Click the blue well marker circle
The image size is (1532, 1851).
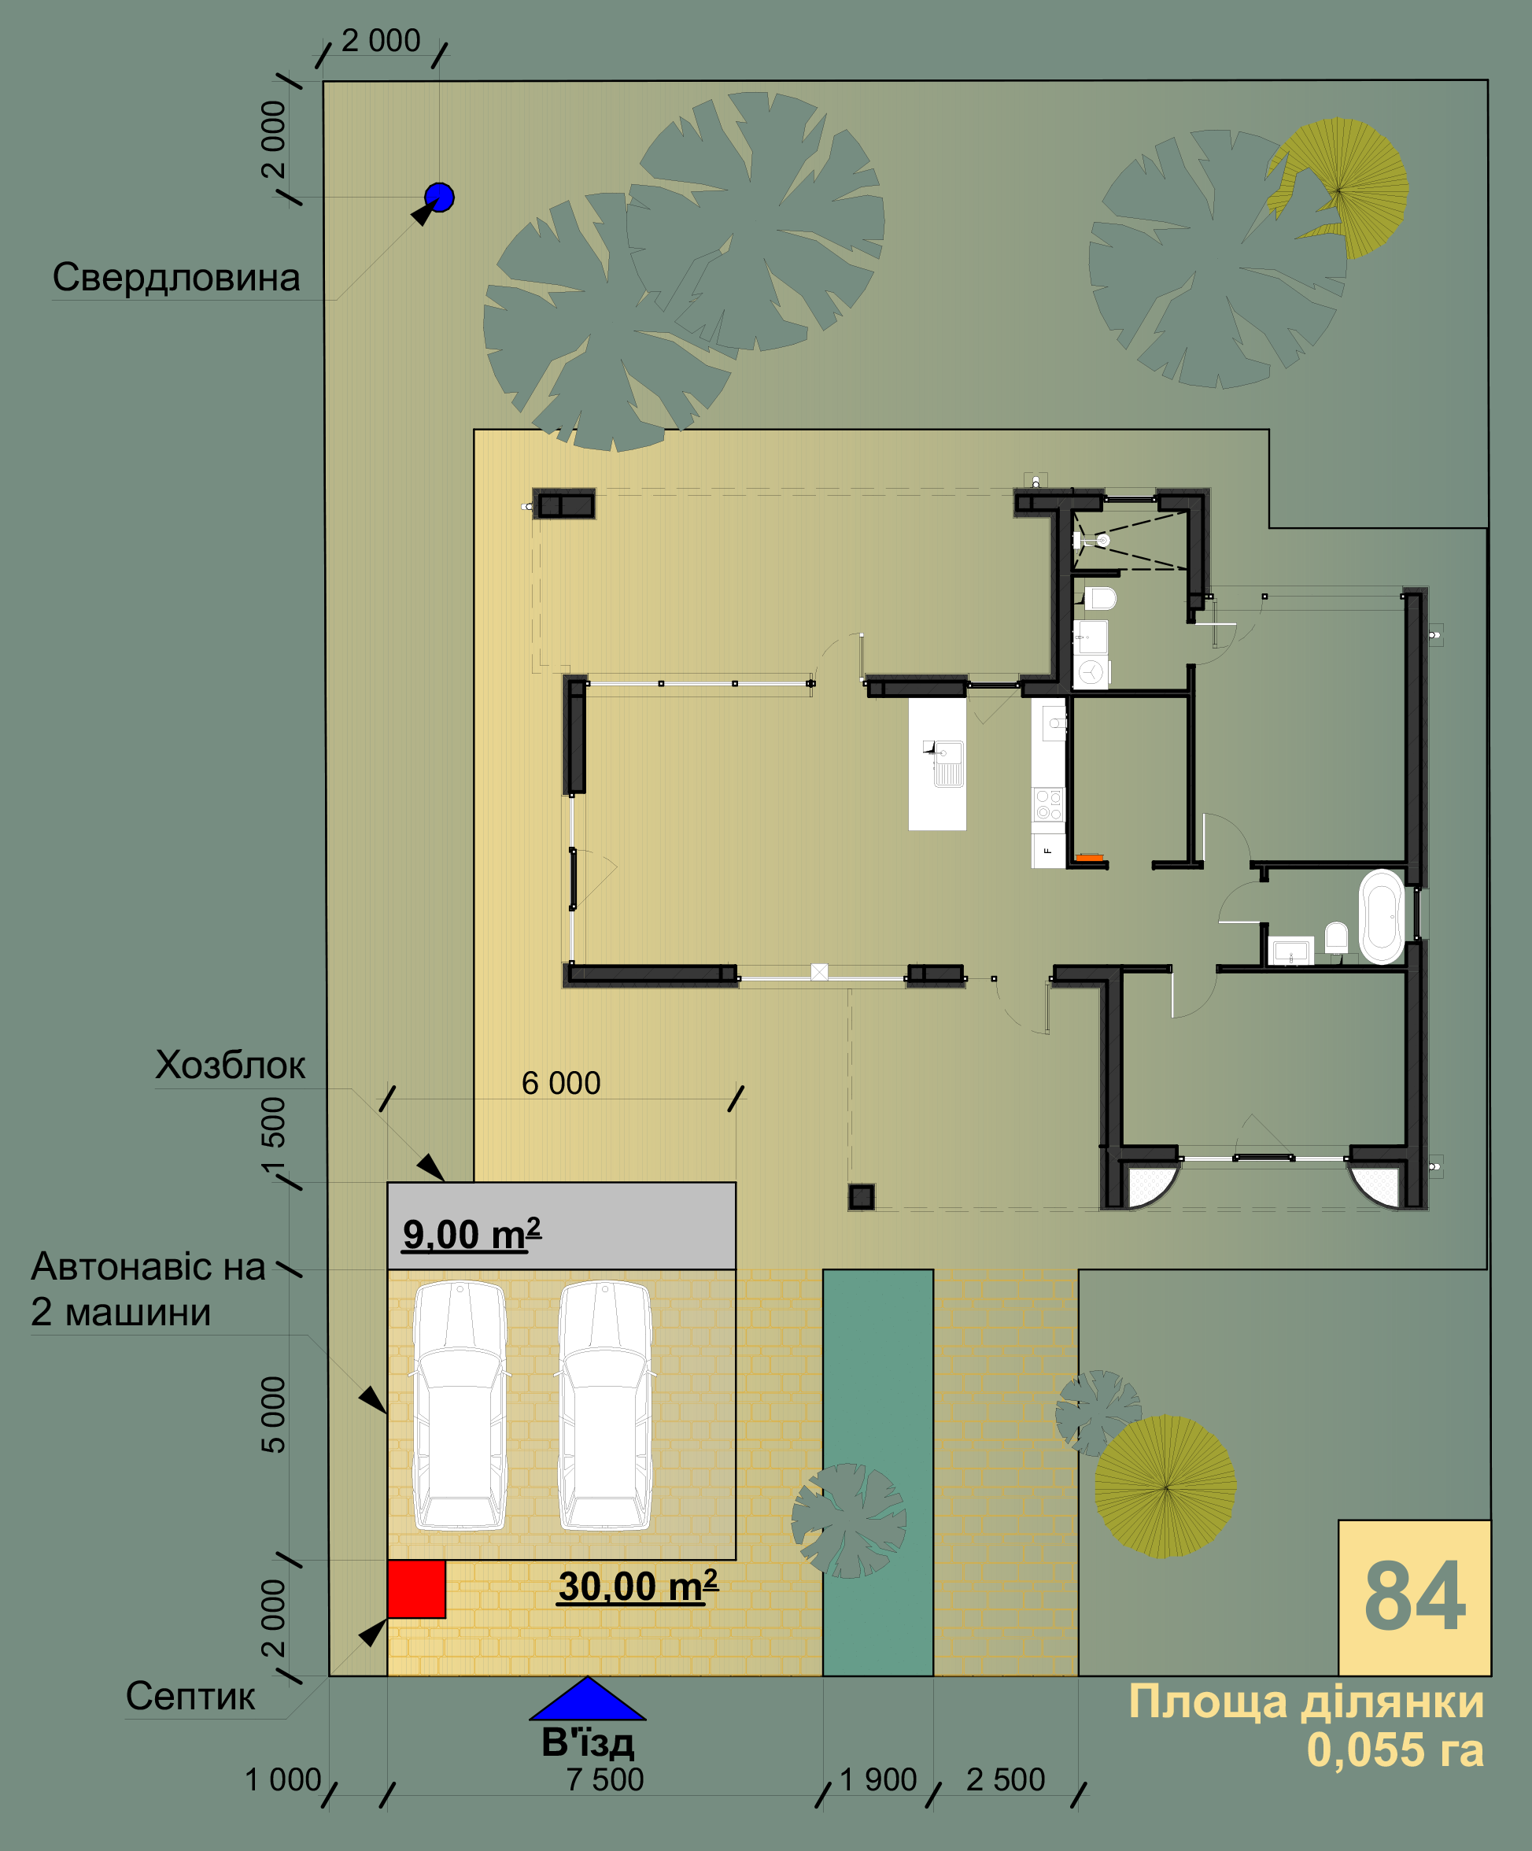tap(439, 198)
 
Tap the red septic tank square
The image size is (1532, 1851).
tap(416, 1589)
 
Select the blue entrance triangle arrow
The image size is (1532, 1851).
tap(587, 1698)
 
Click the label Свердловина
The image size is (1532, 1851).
tap(176, 278)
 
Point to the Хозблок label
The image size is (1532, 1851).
tap(230, 1066)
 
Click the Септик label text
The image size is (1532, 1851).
tap(190, 1696)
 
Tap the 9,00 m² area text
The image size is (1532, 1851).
tap(471, 1234)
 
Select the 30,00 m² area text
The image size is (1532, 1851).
tap(638, 1586)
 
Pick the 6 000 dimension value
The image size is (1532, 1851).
tap(560, 1083)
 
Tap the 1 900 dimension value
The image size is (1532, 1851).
tap(878, 1779)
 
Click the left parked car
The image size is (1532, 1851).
tap(460, 1405)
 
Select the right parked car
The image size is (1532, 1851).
tap(606, 1405)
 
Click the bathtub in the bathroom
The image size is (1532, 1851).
tap(1381, 917)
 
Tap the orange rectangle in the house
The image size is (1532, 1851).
tap(1090, 857)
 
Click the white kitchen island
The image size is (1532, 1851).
tap(937, 763)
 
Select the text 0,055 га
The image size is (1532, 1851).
tap(1395, 1749)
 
